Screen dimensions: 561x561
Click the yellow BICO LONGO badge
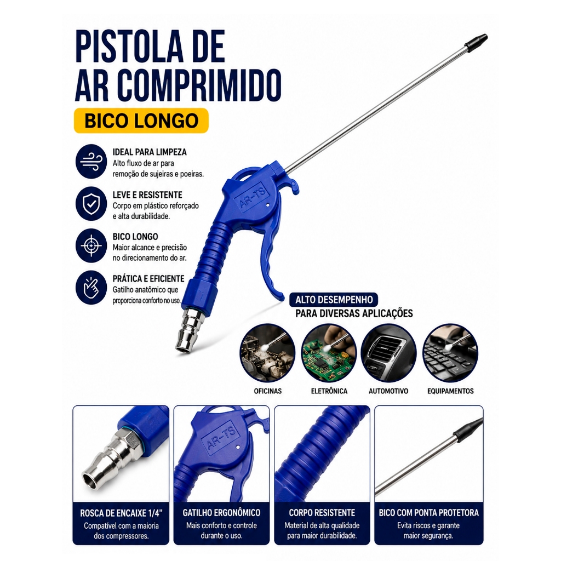pyautogui.click(x=141, y=121)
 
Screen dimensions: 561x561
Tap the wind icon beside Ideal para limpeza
pyautogui.click(x=91, y=162)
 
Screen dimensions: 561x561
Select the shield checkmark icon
pyautogui.click(x=91, y=204)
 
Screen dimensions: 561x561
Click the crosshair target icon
pyautogui.click(x=91, y=246)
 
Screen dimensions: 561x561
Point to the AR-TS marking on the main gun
pyautogui.click(x=253, y=197)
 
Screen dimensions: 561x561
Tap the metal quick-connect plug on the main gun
pyautogui.click(x=190, y=329)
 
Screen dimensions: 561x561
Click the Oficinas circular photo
pyautogui.click(x=267, y=352)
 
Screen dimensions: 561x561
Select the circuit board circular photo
pyautogui.click(x=329, y=352)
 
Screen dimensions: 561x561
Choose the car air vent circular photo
pyautogui.click(x=388, y=352)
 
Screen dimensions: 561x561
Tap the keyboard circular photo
pyautogui.click(x=450, y=352)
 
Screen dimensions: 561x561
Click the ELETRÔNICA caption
pyautogui.click(x=329, y=391)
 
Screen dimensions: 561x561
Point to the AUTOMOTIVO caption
pyautogui.click(x=388, y=391)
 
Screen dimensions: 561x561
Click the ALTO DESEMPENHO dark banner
pyautogui.click(x=334, y=300)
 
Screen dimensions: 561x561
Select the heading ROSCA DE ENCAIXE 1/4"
pyautogui.click(x=121, y=513)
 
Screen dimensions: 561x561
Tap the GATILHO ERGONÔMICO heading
pyautogui.click(x=221, y=513)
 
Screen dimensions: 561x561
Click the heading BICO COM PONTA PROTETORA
pyautogui.click(x=428, y=513)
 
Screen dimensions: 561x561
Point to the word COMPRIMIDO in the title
pyautogui.click(x=199, y=84)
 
